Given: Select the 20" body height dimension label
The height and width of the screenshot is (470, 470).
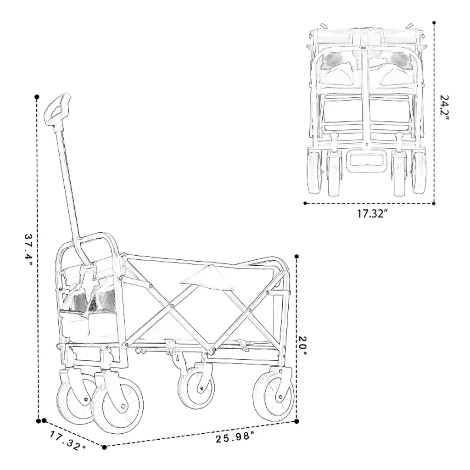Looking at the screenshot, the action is click(303, 347).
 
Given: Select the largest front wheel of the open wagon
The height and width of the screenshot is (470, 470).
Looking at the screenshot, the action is click(117, 405).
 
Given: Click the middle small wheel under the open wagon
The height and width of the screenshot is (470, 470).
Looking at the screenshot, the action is click(196, 387).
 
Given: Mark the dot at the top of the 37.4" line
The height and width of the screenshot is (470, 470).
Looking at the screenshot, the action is click(37, 97).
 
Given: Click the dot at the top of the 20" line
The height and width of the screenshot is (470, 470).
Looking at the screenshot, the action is click(297, 256).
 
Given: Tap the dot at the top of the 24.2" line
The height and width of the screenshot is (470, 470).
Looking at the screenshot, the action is click(434, 22).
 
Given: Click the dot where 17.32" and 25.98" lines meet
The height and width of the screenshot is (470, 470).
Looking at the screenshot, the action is click(104, 447).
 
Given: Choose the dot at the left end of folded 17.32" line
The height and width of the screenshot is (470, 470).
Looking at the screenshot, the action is click(305, 203).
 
